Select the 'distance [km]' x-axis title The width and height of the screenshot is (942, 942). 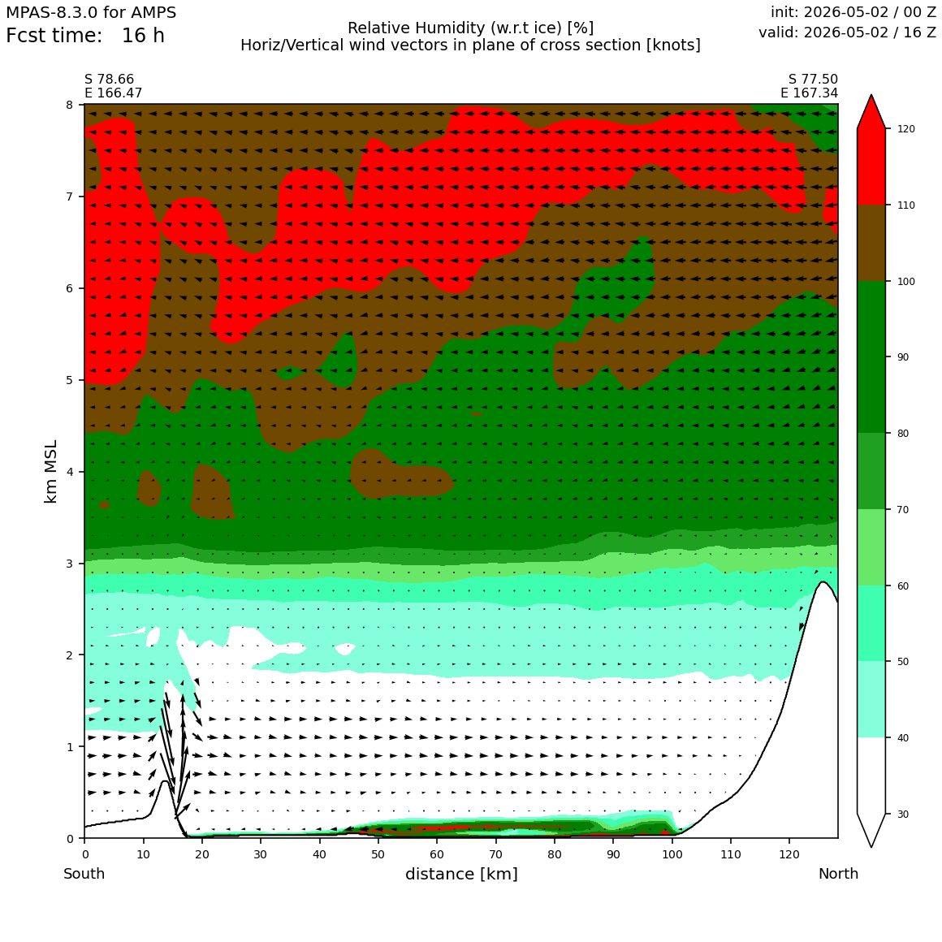[461, 874]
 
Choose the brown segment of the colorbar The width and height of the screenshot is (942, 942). [871, 243]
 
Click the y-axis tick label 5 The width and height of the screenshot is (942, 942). [71, 380]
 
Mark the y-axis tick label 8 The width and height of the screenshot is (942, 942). [71, 105]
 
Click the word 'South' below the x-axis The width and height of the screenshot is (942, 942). [84, 874]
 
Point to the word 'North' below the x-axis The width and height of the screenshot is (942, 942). [838, 874]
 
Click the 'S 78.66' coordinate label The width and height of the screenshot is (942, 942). [110, 80]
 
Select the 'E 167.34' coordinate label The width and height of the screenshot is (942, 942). [810, 93]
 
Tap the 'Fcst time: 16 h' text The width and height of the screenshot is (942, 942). [85, 36]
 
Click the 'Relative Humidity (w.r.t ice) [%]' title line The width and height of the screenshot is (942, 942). [470, 28]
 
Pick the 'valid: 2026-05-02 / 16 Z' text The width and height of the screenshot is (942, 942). [847, 32]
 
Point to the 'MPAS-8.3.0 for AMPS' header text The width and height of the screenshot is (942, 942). [91, 12]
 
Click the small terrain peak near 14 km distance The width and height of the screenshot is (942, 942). [165, 781]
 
